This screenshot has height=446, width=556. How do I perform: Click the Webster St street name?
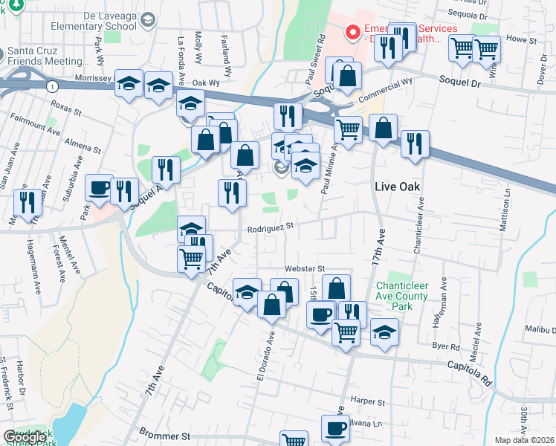[x=305, y=268]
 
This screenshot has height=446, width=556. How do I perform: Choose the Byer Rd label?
[x=446, y=346]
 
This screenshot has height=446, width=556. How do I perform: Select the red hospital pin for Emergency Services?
[x=352, y=33]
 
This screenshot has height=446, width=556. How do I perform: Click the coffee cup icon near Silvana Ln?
[x=335, y=429]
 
